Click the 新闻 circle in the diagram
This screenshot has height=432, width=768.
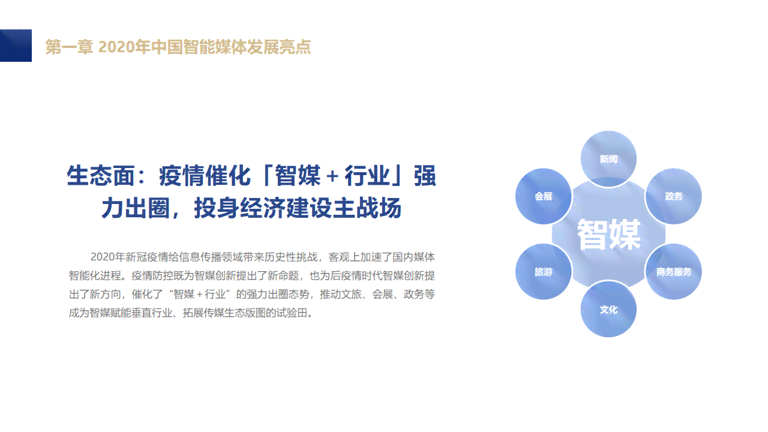[608, 159]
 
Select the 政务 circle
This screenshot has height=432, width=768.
[674, 196]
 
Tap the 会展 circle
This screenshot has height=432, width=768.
[544, 196]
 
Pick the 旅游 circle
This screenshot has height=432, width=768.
[544, 272]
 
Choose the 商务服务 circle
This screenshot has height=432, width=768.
[674, 272]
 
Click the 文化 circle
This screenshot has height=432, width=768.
[608, 309]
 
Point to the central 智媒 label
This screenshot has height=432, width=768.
[609, 235]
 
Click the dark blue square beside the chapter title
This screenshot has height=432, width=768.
[16, 46]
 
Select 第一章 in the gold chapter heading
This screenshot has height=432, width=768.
[69, 47]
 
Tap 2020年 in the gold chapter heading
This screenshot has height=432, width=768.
[124, 47]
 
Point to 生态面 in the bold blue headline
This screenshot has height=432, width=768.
[100, 176]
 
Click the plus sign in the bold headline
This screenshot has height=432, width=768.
[332, 176]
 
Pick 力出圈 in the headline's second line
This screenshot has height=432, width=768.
[136, 208]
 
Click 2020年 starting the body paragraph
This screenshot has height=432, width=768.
[107, 257]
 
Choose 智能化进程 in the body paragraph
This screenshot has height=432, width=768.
[95, 275]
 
